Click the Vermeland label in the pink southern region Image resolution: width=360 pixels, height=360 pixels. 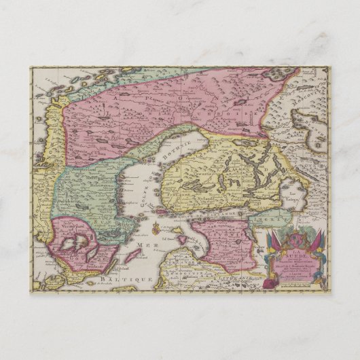(x=71, y=222)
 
